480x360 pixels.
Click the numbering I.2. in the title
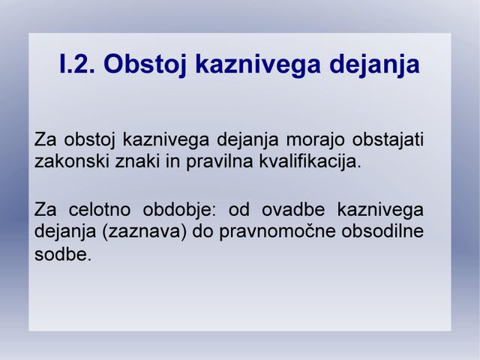coord(76,64)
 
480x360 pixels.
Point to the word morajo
coord(315,140)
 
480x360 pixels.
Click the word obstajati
coord(388,139)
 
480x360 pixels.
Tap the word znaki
coord(137,161)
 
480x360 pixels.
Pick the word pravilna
coord(220,162)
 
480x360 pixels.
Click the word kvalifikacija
coord(310,162)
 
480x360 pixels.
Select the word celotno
coord(100,210)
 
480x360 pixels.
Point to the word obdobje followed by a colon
coord(179,211)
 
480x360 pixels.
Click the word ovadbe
coord(293,210)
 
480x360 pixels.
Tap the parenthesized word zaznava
coord(145,232)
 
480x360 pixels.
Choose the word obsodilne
coord(382,232)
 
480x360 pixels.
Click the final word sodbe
coord(63,254)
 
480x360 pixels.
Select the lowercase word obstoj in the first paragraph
coord(90,140)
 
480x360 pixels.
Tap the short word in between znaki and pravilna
coord(173,161)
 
